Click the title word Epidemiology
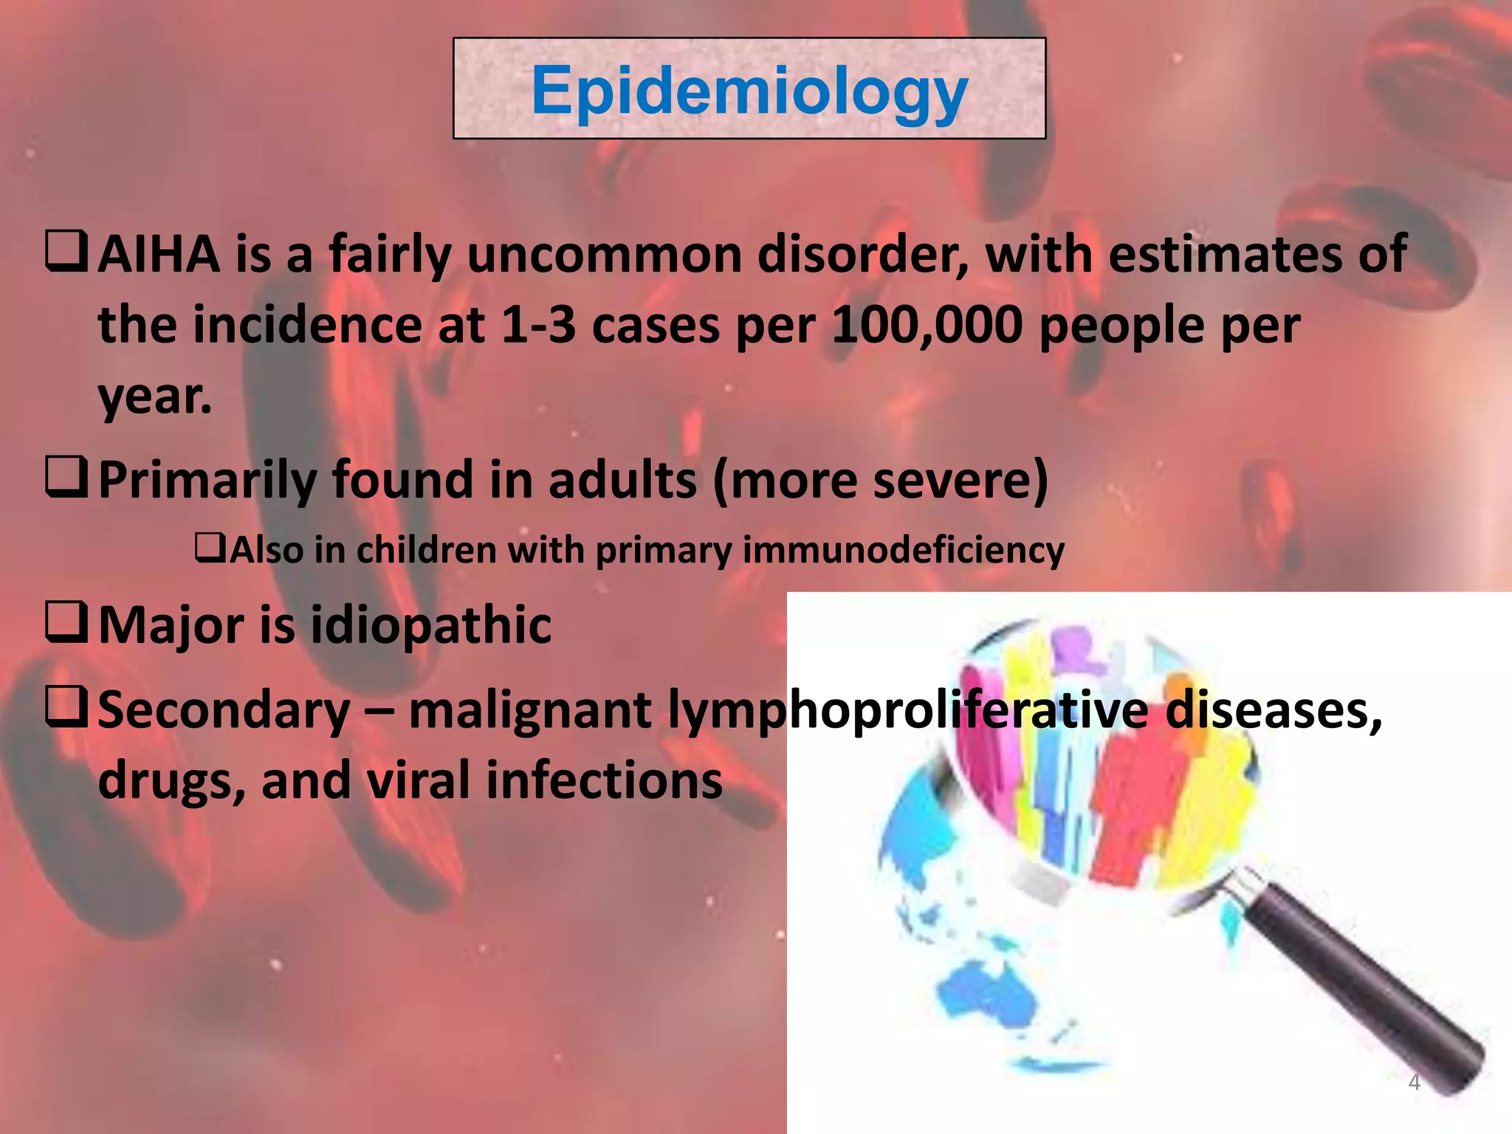click(749, 91)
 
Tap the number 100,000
click(927, 326)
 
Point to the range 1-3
click(538, 326)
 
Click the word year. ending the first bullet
click(155, 396)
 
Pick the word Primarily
click(207, 481)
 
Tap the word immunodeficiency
click(903, 551)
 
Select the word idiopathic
click(430, 625)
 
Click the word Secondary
click(224, 710)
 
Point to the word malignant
click(530, 710)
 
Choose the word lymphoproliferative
click(908, 710)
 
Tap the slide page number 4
click(1414, 1082)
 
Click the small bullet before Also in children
click(210, 548)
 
